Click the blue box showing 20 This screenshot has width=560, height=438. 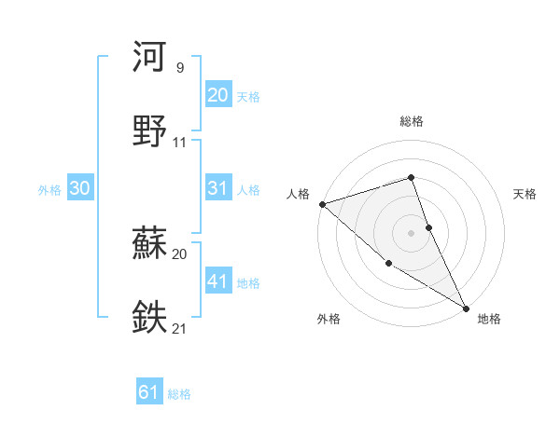click(x=217, y=95)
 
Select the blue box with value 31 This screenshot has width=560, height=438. click(x=217, y=188)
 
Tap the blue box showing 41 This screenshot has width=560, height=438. click(x=217, y=281)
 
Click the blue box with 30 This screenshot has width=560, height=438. click(x=80, y=188)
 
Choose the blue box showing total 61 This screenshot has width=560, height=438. click(x=149, y=393)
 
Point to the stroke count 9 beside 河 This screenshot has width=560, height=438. click(x=180, y=68)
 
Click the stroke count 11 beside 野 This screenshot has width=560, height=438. click(x=180, y=143)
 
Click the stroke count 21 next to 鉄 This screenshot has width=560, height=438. click(x=180, y=328)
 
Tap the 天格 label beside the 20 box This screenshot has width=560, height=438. click(x=248, y=97)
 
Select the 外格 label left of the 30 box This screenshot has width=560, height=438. click(x=49, y=190)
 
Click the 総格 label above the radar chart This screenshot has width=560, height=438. click(x=412, y=122)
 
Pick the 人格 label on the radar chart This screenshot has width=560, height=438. click(x=298, y=193)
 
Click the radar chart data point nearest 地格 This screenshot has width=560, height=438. click(x=465, y=307)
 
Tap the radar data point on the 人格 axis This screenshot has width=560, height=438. click(x=322, y=203)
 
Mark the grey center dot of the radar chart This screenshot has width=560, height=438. click(x=412, y=232)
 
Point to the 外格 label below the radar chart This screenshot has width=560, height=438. click(x=329, y=320)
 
